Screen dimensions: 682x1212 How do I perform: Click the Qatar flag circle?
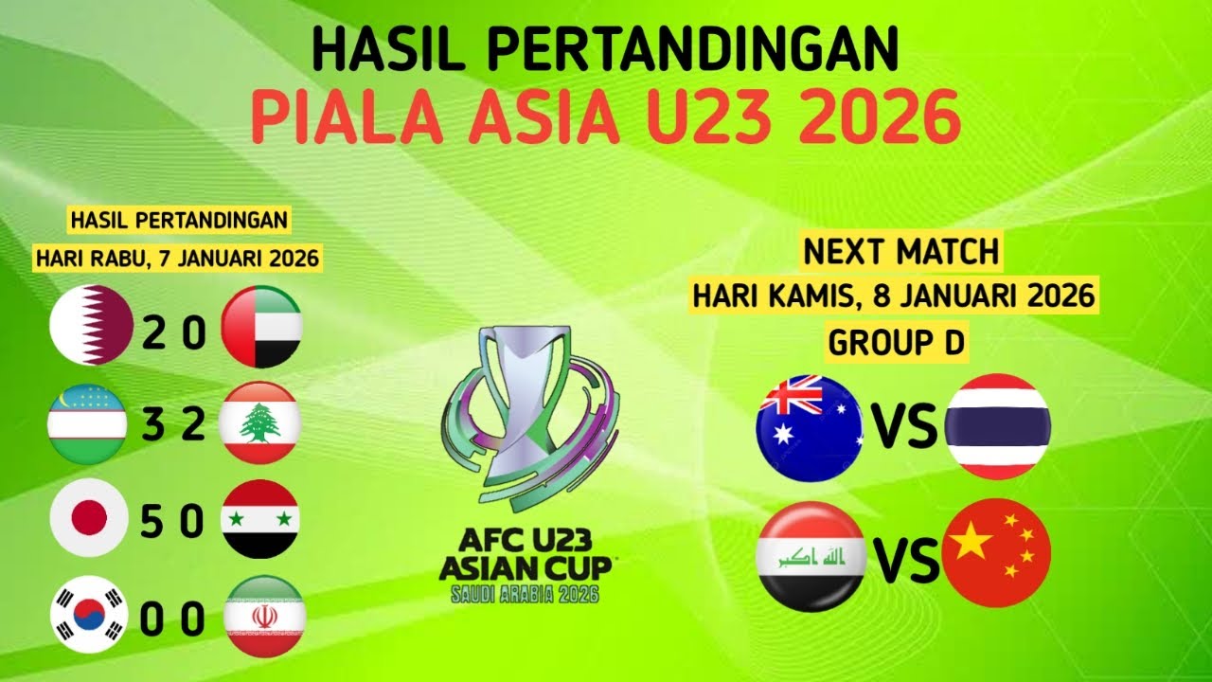click(x=92, y=326)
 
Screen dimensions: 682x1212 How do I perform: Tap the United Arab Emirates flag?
click(x=261, y=327)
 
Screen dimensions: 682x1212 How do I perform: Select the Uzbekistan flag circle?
click(x=87, y=423)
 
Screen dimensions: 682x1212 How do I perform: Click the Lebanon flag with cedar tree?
click(x=259, y=423)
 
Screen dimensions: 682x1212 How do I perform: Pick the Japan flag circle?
click(x=88, y=519)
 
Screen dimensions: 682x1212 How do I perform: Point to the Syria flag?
click(x=260, y=519)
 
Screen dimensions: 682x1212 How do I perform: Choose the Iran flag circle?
click(x=264, y=616)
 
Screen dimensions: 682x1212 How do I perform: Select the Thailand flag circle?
click(x=998, y=426)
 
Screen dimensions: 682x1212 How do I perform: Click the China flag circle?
click(x=998, y=552)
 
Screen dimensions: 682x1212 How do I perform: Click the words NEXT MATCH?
click(x=900, y=252)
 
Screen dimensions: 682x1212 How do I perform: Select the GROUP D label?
click(x=896, y=342)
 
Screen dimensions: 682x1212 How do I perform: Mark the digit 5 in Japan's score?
click(x=151, y=522)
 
